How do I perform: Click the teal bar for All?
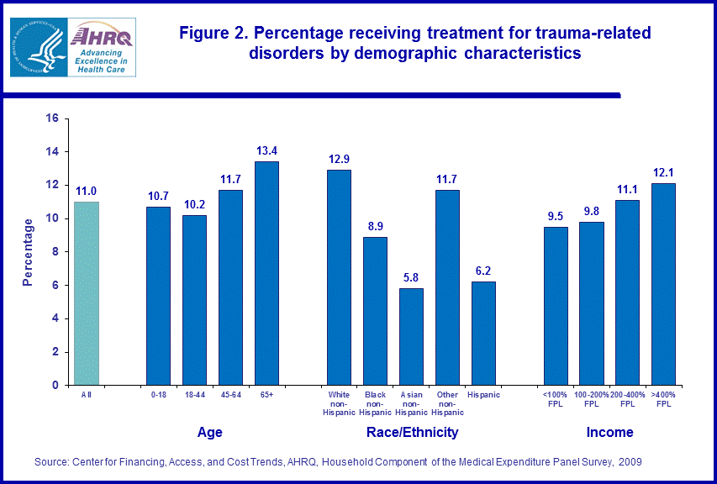(x=87, y=293)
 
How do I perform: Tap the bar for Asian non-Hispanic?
(x=411, y=336)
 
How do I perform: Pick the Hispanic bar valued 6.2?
(x=483, y=333)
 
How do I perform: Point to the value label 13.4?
(x=267, y=151)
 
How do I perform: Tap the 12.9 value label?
(x=339, y=160)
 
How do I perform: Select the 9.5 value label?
(x=556, y=217)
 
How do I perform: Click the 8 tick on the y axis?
(x=54, y=251)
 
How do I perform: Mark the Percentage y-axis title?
(x=28, y=252)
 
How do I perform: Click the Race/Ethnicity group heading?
(x=412, y=433)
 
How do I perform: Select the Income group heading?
(x=609, y=433)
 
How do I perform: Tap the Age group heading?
(x=209, y=433)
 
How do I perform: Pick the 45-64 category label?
(x=230, y=395)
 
